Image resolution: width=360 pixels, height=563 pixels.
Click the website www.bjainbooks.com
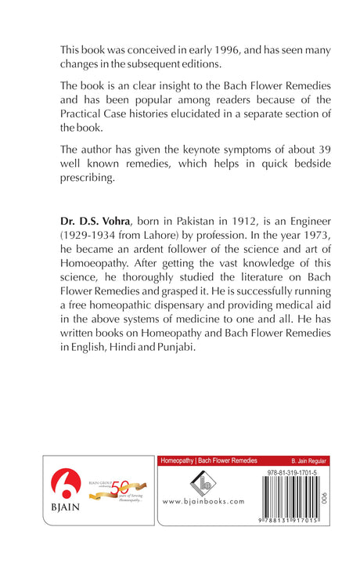(203, 502)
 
